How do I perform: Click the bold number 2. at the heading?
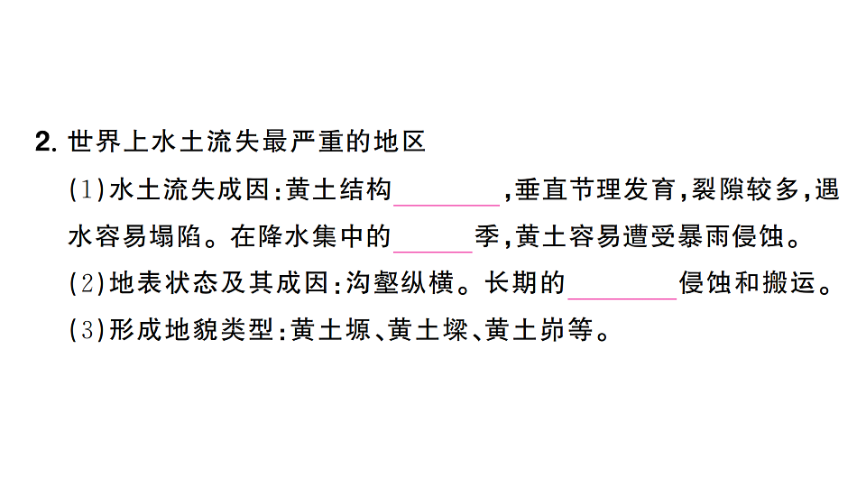[x=46, y=142]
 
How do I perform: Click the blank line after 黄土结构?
[x=447, y=205]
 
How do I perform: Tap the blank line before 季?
[x=433, y=252]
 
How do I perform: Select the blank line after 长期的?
[x=622, y=299]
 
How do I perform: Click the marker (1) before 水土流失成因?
[x=87, y=190]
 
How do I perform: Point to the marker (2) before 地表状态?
[x=87, y=283]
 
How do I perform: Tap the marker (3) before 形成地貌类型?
[x=87, y=330]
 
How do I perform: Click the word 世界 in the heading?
[x=95, y=142]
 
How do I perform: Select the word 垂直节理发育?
[x=594, y=190]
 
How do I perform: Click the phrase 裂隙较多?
[x=746, y=190]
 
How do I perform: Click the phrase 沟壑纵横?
[x=400, y=283]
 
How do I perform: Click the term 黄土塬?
[x=331, y=330]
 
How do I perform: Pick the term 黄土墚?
[x=428, y=330]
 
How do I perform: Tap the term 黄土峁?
[x=525, y=330]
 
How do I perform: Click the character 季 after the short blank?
[x=487, y=237]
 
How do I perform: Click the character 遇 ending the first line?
[x=827, y=190]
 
